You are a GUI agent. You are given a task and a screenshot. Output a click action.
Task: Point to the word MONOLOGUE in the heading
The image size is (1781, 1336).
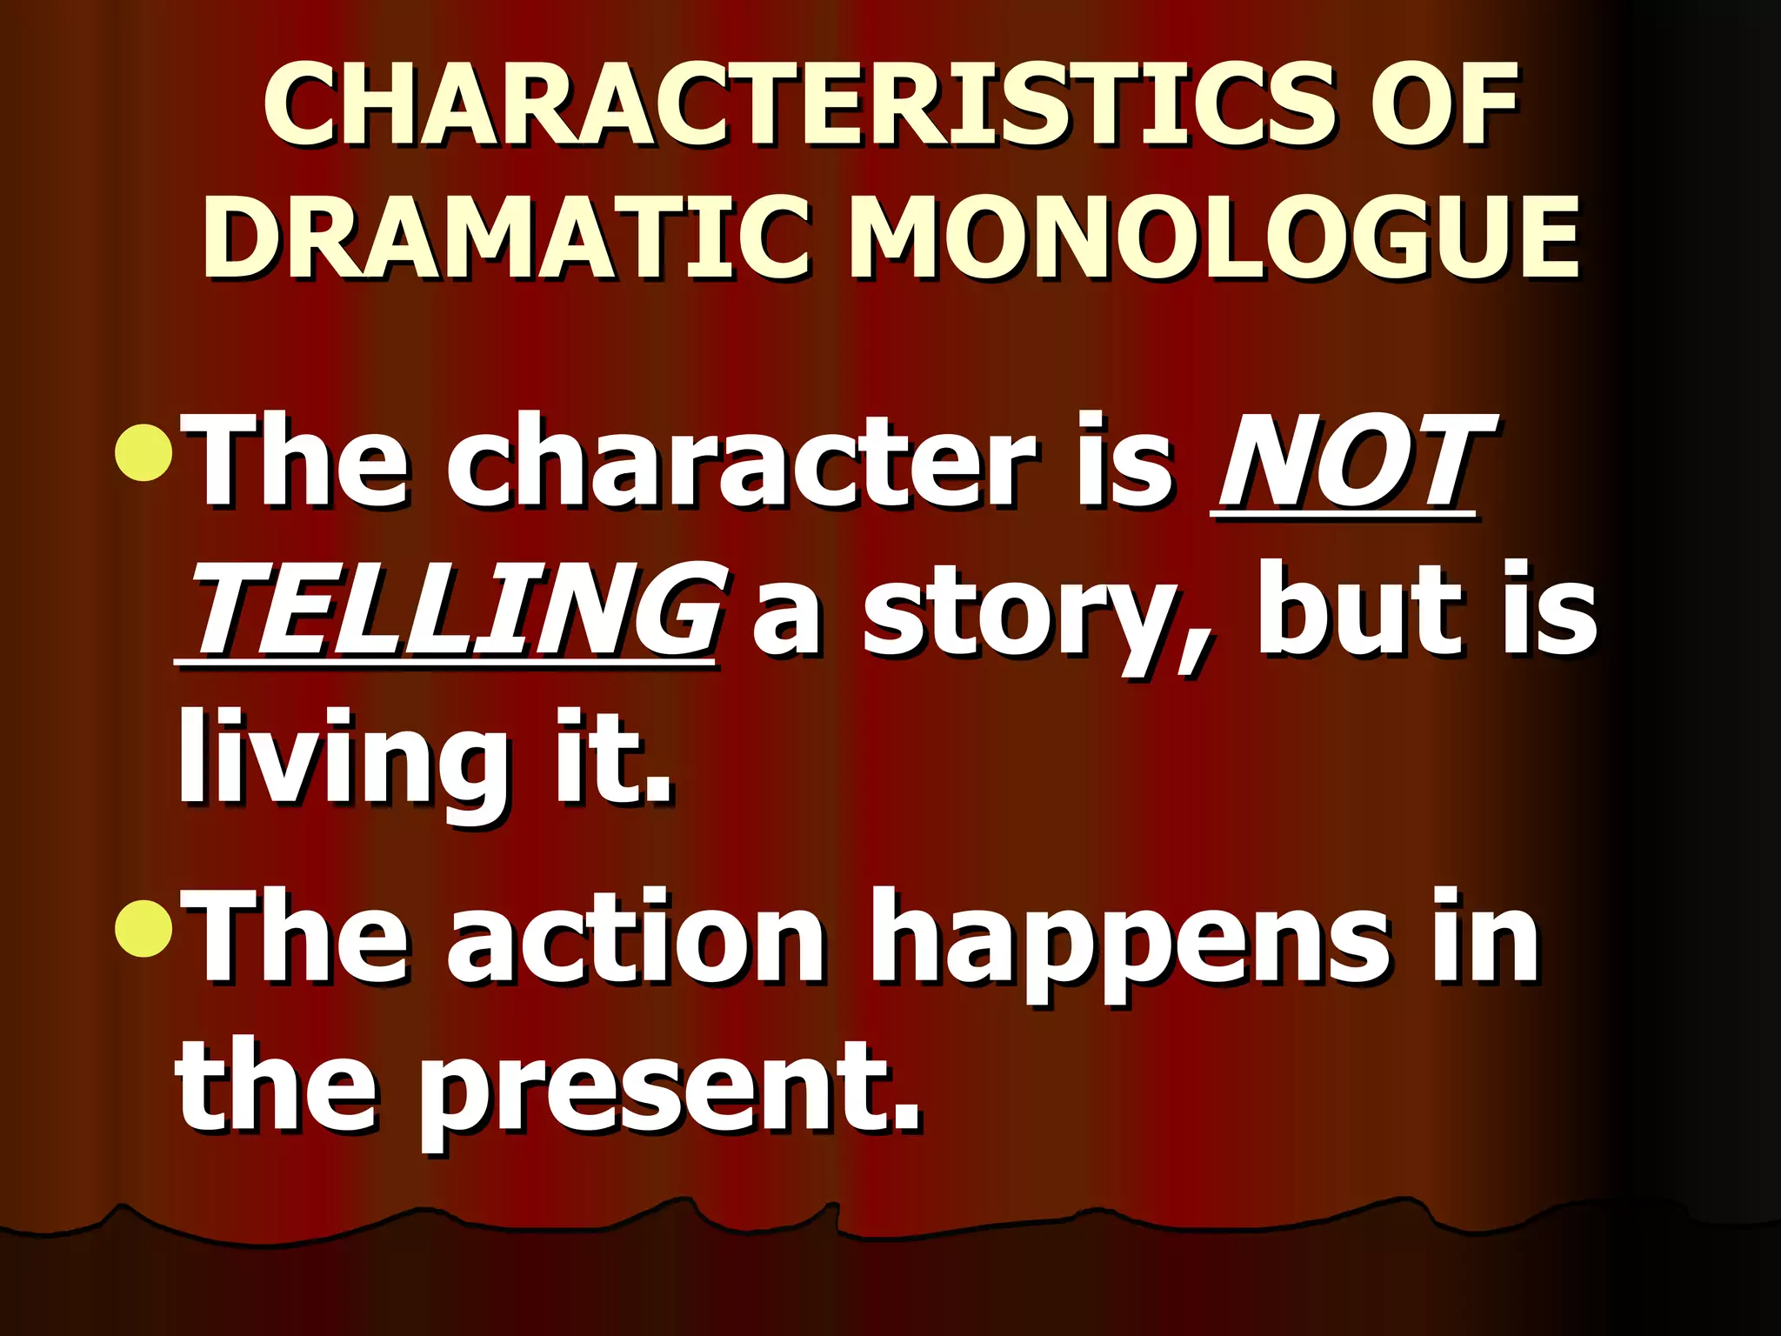(1214, 237)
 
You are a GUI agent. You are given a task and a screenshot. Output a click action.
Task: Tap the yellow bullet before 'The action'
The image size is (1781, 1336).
(143, 928)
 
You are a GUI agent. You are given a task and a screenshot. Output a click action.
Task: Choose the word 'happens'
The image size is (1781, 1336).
(1131, 944)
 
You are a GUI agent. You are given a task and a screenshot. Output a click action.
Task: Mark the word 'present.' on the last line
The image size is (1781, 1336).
(670, 1089)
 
